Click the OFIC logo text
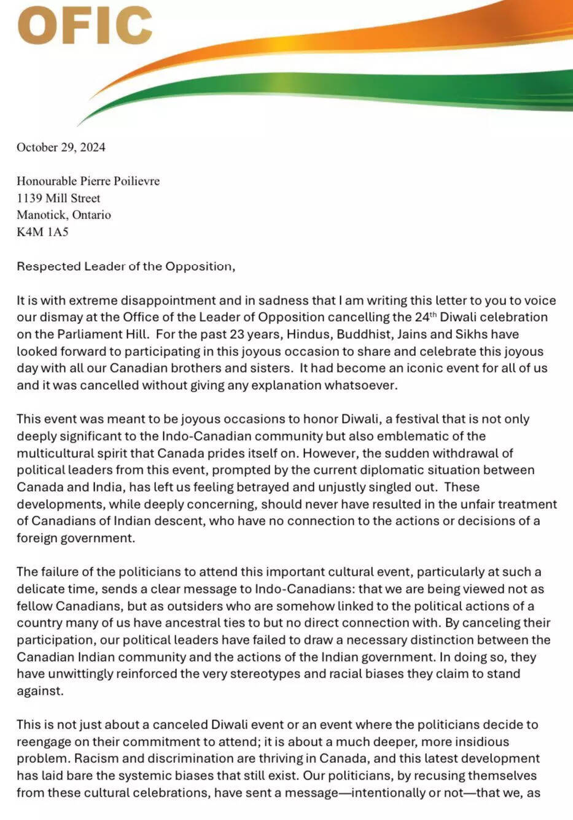[85, 26]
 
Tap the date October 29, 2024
[61, 147]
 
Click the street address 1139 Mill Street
[58, 198]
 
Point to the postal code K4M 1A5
[42, 232]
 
